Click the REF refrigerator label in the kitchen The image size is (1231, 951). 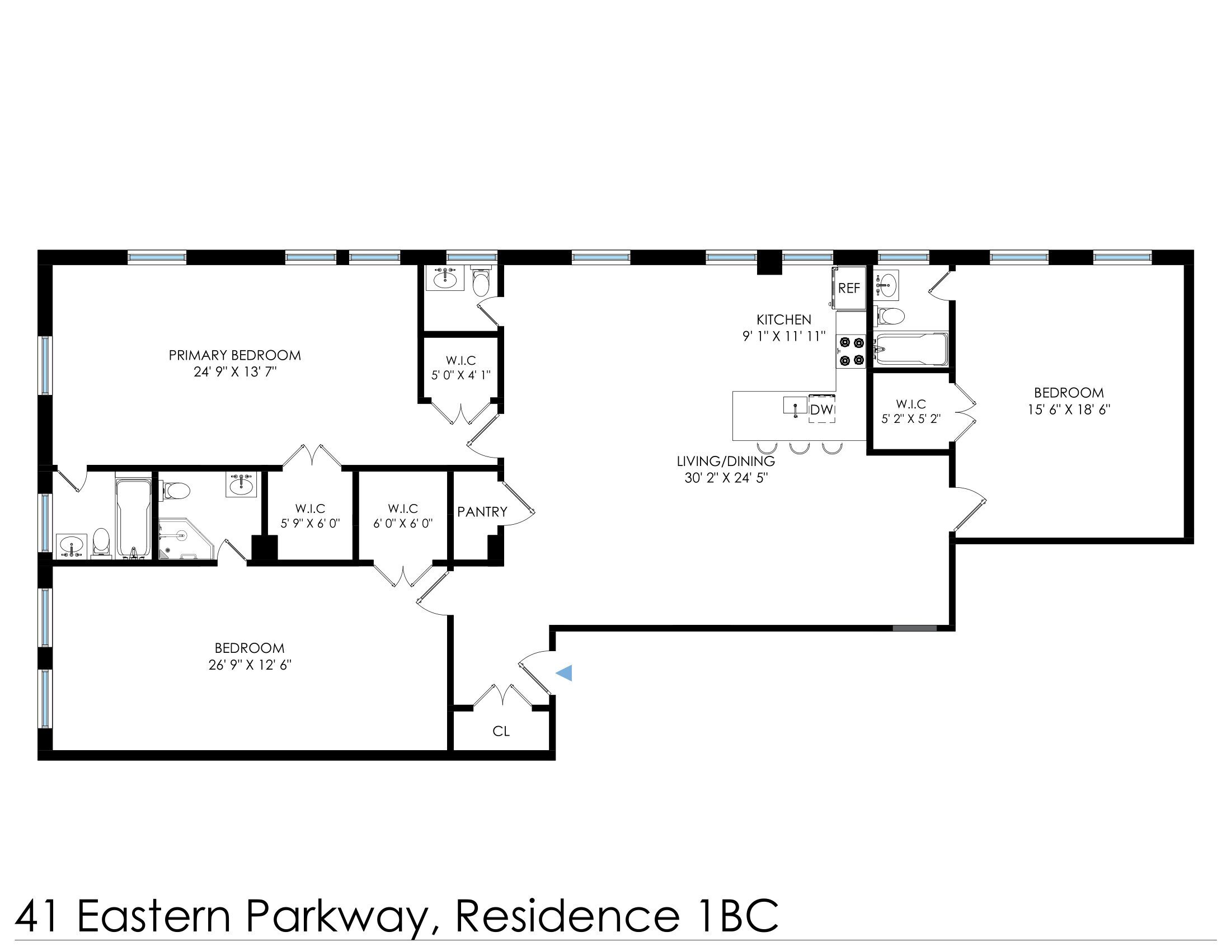(x=849, y=289)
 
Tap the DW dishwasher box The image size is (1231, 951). (x=821, y=410)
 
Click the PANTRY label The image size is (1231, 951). (x=482, y=511)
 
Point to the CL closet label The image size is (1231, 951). (x=501, y=731)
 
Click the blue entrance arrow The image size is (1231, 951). (x=565, y=672)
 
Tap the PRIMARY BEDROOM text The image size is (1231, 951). (x=234, y=355)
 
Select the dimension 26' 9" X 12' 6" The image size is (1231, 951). (x=250, y=665)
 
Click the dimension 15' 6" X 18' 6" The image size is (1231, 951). (x=1069, y=409)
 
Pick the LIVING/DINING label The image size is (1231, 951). (x=725, y=461)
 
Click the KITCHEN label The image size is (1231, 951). (x=783, y=319)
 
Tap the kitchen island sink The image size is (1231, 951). (x=795, y=406)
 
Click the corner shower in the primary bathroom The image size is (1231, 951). (x=185, y=540)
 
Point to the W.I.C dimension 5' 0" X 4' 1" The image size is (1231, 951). (x=461, y=375)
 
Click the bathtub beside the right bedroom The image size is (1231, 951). (x=910, y=350)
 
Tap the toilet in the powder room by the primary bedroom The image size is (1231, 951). (x=481, y=284)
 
